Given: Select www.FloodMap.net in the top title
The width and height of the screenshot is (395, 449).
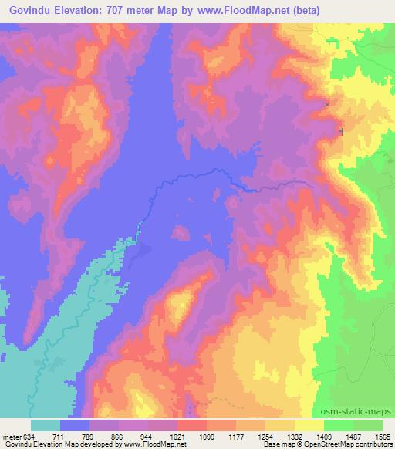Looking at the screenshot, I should coord(237,12).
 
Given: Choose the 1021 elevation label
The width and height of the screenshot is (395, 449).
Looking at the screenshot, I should coord(177,436).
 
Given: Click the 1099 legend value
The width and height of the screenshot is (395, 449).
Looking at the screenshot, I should coord(207,436).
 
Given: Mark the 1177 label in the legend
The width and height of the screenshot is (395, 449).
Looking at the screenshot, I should coord(236,436).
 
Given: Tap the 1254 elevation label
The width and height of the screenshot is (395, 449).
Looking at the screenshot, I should coord(265,436).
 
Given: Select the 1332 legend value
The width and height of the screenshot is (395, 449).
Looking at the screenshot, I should coord(295,436).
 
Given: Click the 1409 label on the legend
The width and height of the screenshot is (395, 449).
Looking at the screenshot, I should coord(324,436).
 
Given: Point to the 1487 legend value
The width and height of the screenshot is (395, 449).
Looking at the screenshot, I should coord(353,436).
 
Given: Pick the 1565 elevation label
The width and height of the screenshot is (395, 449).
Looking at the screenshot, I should coord(381,436).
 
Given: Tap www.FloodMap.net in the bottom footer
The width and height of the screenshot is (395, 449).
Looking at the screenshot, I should coord(151,444).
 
